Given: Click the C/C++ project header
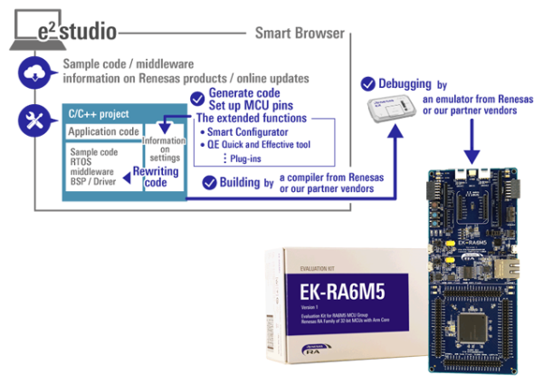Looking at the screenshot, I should click(x=100, y=115).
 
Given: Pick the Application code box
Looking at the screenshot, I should click(x=103, y=132).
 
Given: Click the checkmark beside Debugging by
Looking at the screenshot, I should click(x=368, y=83).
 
